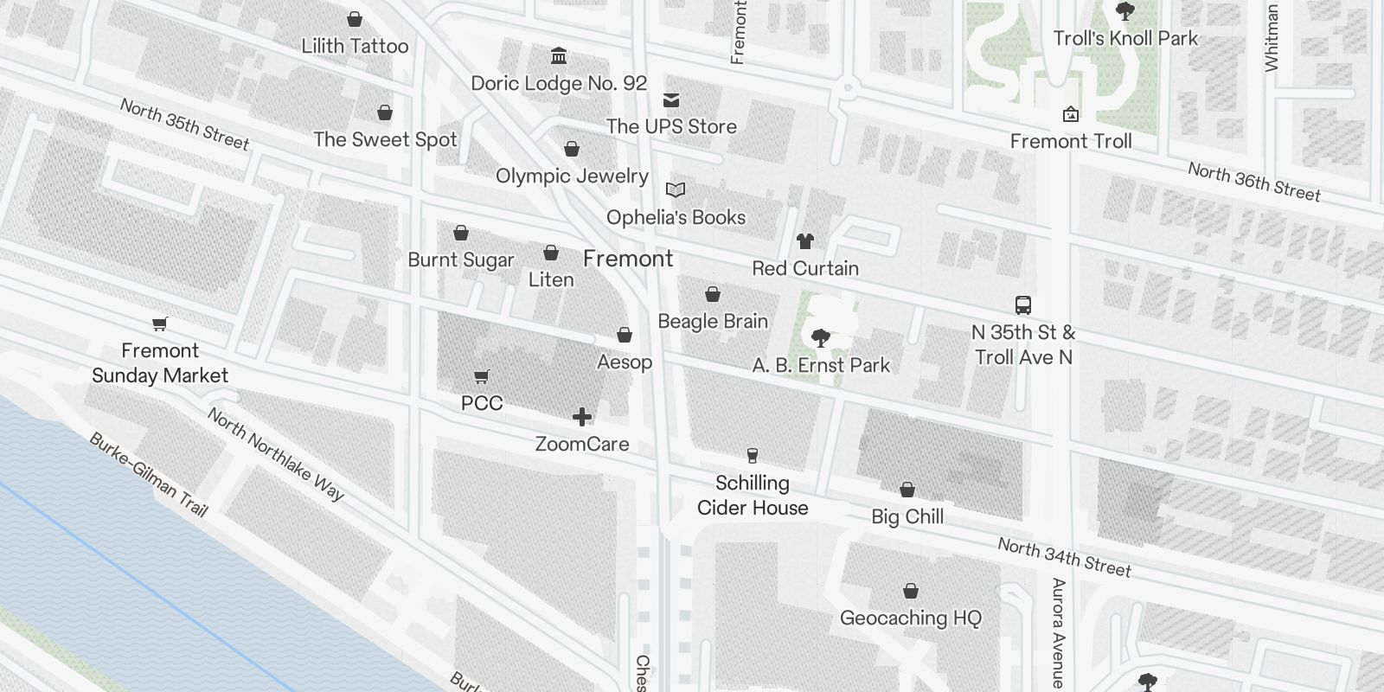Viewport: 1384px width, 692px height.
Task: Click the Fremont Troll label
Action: point(1070,141)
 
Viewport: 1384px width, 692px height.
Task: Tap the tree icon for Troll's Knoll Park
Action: point(1124,12)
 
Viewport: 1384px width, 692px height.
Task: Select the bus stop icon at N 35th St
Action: point(1023,305)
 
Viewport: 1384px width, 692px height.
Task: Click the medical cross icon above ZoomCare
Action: point(582,418)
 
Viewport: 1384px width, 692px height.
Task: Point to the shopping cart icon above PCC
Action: point(482,377)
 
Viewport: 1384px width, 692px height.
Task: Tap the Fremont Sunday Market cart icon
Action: point(159,324)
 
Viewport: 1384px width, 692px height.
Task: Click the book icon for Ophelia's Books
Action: point(676,189)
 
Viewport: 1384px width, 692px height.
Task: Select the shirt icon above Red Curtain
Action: point(805,241)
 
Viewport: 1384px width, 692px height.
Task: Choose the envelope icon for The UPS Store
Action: point(671,100)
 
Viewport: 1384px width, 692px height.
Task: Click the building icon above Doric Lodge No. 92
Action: point(559,57)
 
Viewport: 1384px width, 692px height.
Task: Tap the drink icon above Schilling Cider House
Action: point(753,456)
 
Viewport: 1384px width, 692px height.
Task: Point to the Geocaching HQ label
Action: point(911,618)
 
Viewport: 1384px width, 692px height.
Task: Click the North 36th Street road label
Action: point(1253,183)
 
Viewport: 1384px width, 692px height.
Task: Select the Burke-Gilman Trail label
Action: point(149,475)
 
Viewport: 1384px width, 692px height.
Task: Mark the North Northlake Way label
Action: point(276,455)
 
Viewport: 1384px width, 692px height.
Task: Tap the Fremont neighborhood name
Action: point(628,259)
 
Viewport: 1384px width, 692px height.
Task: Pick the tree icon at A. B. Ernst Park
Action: point(820,337)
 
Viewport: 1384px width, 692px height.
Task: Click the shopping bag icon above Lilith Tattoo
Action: point(355,19)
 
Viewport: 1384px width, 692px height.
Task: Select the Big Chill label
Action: point(907,516)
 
